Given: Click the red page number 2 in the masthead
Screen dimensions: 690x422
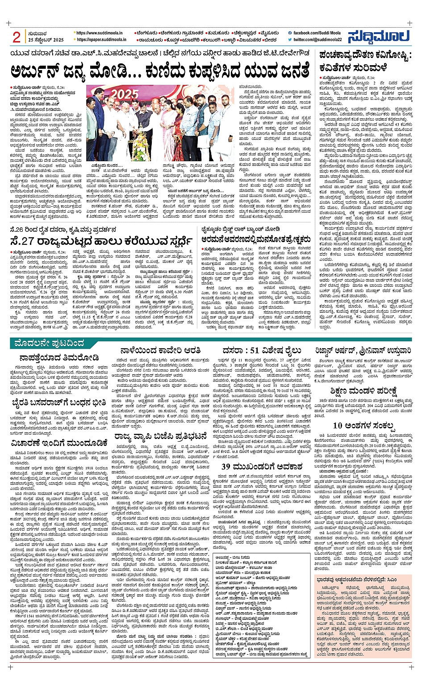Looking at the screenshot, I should tap(17, 38).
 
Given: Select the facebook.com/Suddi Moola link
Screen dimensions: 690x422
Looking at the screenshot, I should tap(317, 33).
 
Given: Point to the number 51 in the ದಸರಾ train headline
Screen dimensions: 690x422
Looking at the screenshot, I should tap(257, 350).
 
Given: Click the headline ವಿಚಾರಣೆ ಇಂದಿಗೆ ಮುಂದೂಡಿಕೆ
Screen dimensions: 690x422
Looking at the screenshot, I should tap(60, 443).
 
